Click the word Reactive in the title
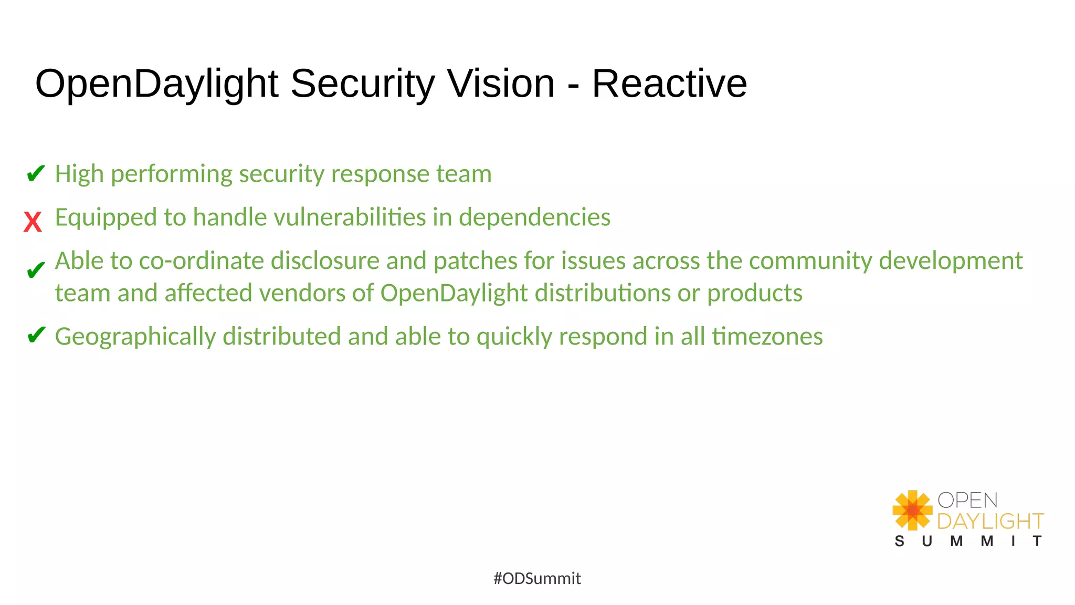[x=669, y=84]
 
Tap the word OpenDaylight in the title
[x=156, y=84]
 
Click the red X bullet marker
[x=33, y=222]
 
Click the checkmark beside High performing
[x=36, y=173]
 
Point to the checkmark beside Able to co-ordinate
[x=36, y=270]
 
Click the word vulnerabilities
[x=350, y=217]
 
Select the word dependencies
[x=534, y=217]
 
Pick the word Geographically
[x=135, y=337]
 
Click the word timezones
[x=767, y=337]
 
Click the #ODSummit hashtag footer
[x=537, y=578]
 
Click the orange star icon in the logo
[x=912, y=510]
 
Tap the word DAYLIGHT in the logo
[x=990, y=521]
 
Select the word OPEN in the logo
[x=967, y=500]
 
